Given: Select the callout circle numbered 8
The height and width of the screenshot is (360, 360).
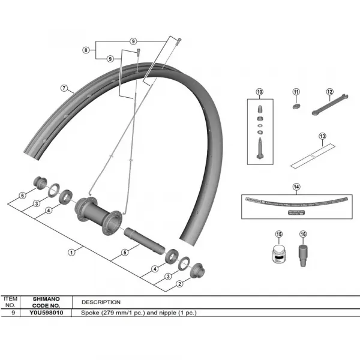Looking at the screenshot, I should coord(86,50).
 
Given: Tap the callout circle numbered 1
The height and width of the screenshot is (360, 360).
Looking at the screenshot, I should coord(71,252).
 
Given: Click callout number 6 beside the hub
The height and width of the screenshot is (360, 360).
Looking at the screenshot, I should coord(22,196).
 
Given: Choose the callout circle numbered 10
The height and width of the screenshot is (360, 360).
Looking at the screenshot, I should coord(259,92).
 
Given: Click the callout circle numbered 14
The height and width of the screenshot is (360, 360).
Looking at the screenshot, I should coord(296,187).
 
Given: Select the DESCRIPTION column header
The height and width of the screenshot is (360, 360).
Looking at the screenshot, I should coord(100,302).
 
